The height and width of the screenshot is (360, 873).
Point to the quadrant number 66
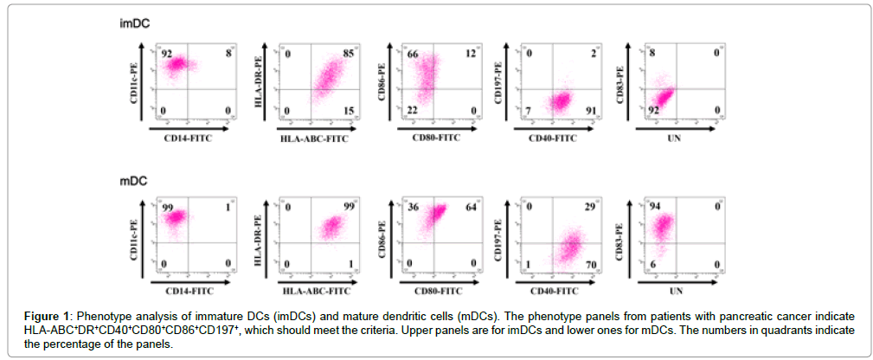click(x=414, y=55)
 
